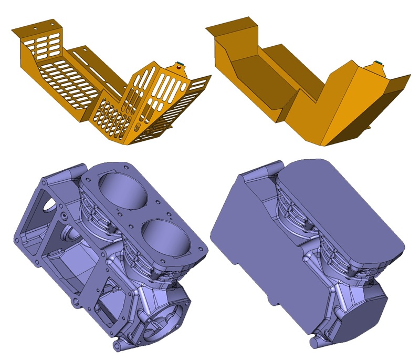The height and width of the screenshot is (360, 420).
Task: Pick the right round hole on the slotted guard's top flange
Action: [51, 23]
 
